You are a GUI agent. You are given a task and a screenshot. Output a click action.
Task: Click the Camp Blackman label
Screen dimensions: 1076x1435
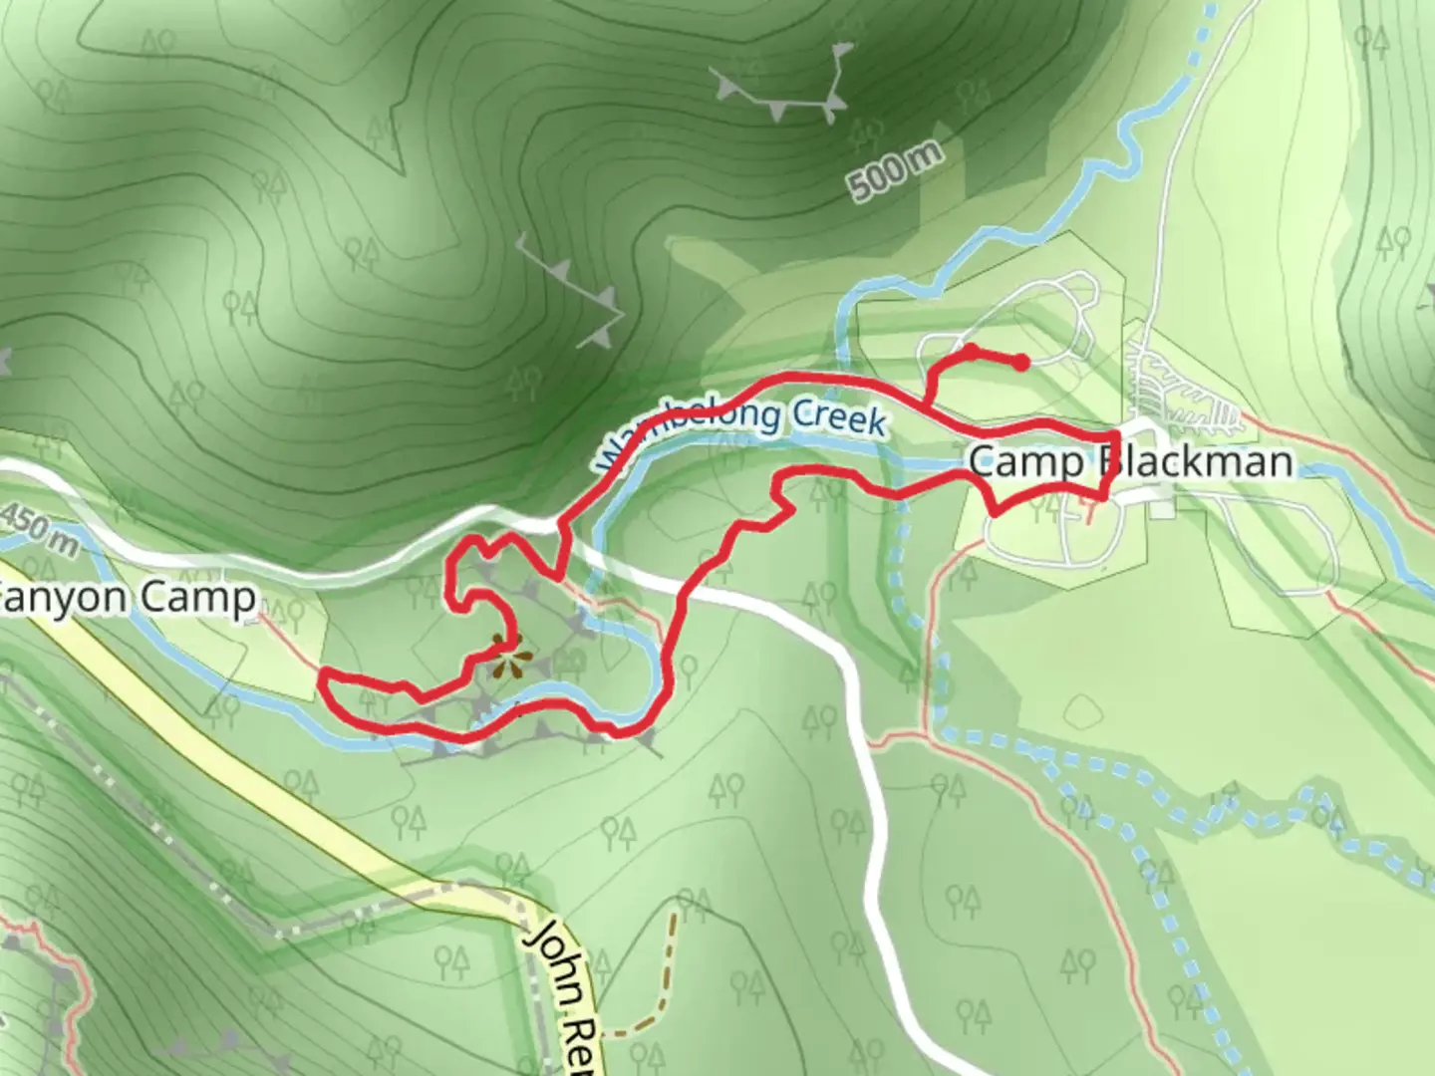click(x=1130, y=461)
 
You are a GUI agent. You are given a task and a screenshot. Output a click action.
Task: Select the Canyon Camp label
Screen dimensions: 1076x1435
click(x=125, y=599)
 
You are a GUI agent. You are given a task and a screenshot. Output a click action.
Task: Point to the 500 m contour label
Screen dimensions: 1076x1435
click(x=894, y=170)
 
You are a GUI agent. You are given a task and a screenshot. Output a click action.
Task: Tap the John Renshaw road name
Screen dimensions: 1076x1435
click(x=564, y=996)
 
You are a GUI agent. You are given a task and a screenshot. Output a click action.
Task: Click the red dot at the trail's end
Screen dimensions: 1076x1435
click(x=1022, y=363)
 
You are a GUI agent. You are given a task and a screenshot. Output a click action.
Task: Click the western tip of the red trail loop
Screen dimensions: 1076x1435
click(x=323, y=676)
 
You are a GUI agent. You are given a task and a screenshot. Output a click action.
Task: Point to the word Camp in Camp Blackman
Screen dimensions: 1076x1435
click(x=1026, y=461)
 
